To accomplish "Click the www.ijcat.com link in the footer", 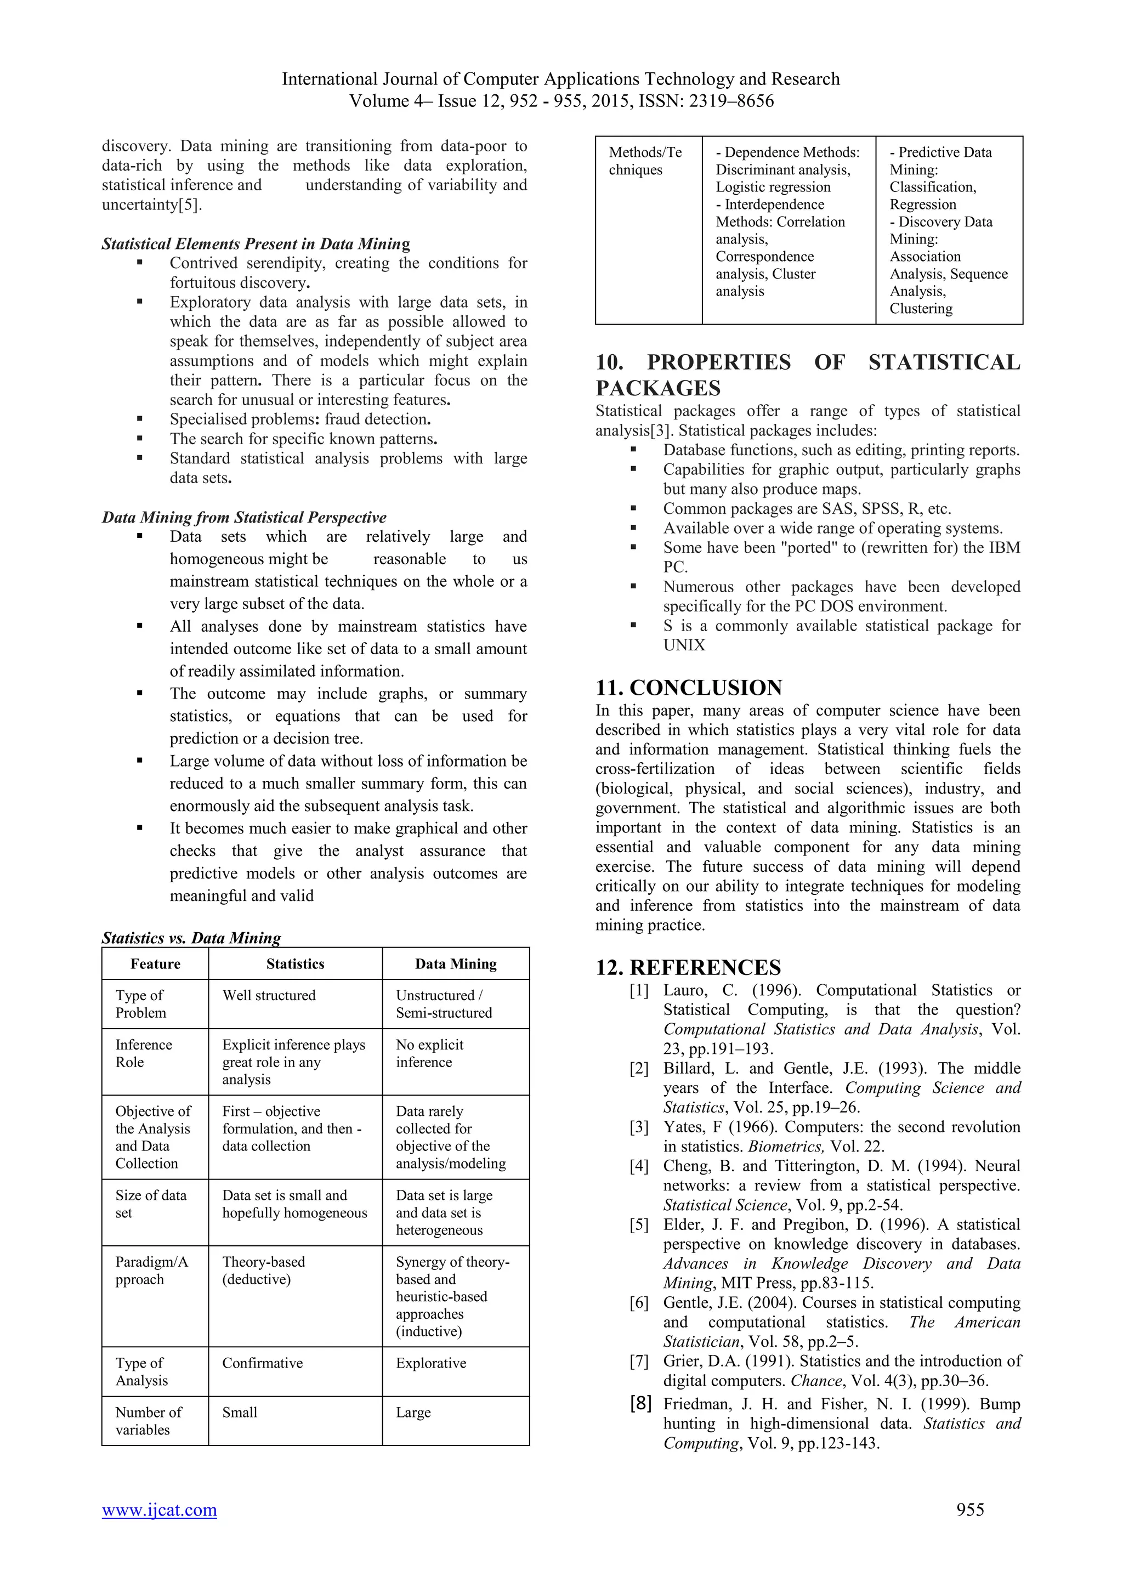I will tap(159, 1510).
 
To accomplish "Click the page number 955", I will tap(969, 1510).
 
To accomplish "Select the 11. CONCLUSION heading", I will tap(689, 688).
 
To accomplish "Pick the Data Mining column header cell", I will tap(456, 964).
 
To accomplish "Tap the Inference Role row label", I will tap(143, 1053).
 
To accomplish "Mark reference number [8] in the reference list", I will tap(640, 1403).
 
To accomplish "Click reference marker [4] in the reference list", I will tap(639, 1166).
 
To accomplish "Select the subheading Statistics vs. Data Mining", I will tap(191, 938).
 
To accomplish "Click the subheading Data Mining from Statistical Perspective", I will tap(244, 517).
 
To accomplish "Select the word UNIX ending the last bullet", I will tap(684, 645).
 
